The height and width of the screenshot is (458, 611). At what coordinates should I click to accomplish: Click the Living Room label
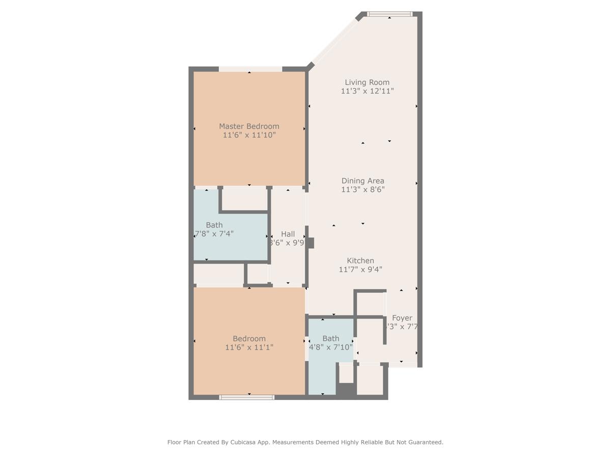click(367, 82)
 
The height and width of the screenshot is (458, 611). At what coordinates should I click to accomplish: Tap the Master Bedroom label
click(249, 126)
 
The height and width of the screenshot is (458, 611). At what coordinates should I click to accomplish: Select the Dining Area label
click(363, 181)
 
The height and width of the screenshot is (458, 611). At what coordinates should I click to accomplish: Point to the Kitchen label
click(360, 261)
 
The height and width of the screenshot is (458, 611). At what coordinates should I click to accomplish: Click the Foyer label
click(402, 318)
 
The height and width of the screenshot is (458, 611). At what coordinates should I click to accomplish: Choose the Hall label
click(288, 234)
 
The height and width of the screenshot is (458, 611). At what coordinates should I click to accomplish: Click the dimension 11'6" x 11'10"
click(249, 135)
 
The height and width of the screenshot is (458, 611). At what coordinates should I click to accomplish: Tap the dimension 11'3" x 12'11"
click(367, 92)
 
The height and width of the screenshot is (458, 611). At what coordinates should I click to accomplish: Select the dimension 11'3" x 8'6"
click(363, 190)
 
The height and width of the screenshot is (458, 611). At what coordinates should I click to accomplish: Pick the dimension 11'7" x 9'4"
click(360, 270)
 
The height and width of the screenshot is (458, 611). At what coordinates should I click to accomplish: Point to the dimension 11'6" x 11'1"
click(249, 348)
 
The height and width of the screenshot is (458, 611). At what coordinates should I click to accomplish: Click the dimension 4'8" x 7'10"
click(330, 348)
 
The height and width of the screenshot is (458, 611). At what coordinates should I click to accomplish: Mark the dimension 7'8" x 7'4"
click(214, 234)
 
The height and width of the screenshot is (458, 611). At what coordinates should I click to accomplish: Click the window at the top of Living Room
click(390, 14)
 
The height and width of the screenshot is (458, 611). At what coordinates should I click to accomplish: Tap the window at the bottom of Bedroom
click(247, 397)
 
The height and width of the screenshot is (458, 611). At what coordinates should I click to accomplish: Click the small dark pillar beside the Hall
click(311, 243)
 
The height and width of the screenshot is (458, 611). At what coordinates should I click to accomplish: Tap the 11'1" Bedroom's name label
click(249, 338)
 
